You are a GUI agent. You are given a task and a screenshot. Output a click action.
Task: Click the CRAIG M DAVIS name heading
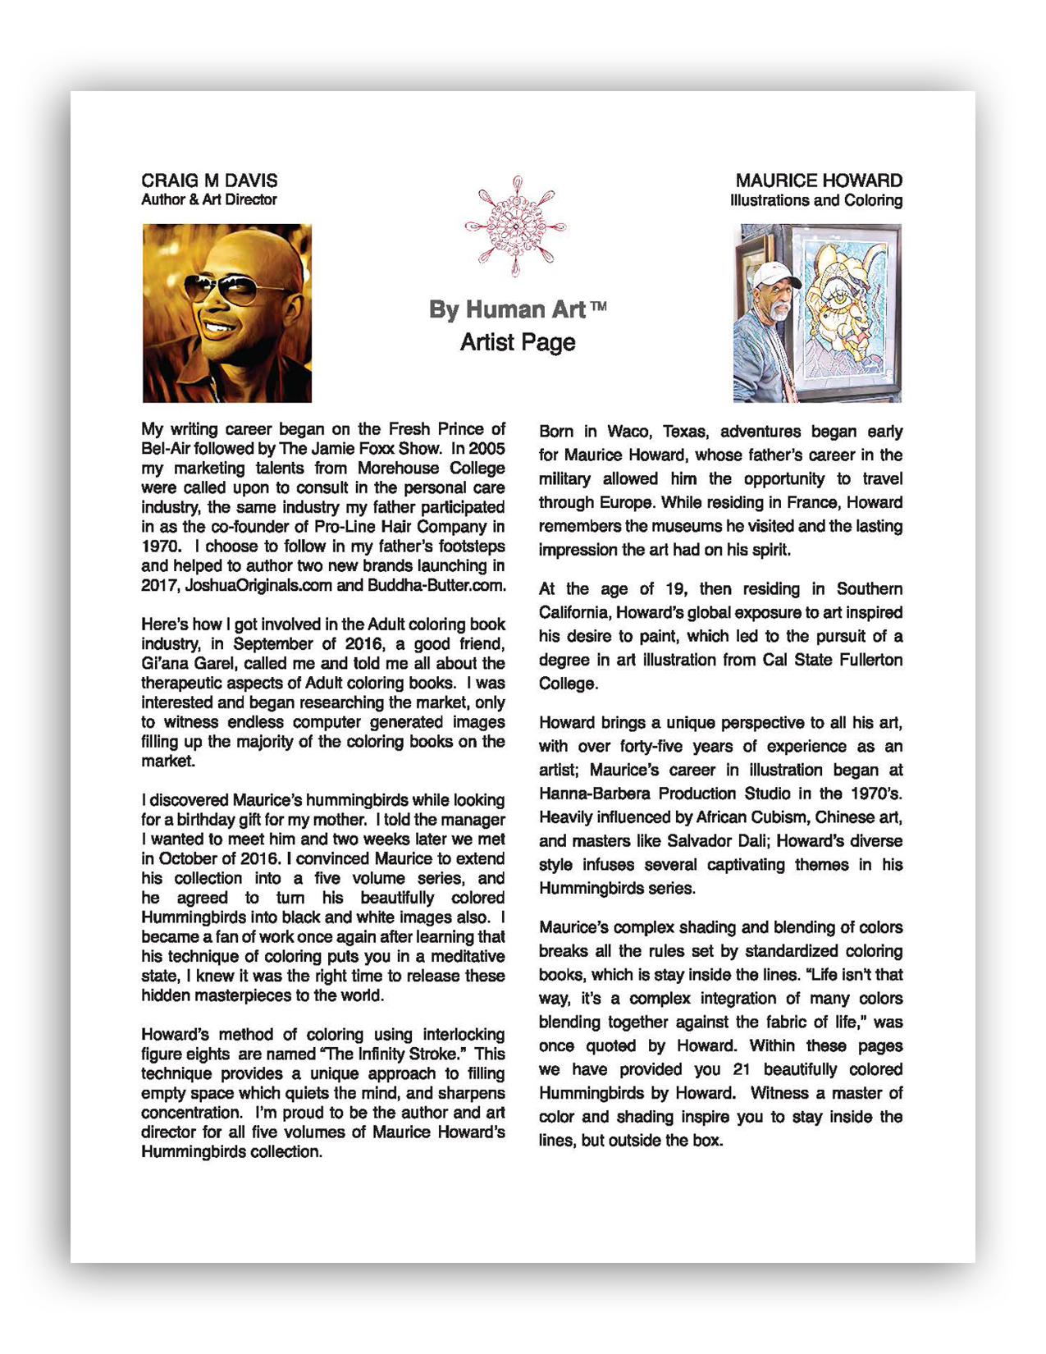coord(209,181)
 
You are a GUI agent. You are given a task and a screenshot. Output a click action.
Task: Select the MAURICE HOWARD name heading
coord(818,181)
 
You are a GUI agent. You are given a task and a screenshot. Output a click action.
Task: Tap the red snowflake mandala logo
coord(515,224)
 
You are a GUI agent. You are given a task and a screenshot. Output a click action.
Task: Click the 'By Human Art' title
coord(517,309)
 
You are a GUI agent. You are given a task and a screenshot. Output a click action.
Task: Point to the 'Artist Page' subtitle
coord(517,341)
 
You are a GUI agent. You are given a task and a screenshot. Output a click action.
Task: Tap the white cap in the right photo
coord(774,274)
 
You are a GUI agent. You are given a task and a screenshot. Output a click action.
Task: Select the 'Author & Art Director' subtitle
coord(209,199)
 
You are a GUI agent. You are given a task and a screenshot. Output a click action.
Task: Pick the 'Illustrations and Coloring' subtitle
coord(816,200)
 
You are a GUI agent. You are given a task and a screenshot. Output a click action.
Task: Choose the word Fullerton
coord(864,660)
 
